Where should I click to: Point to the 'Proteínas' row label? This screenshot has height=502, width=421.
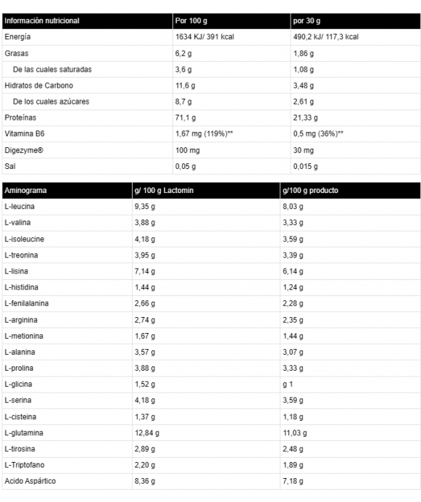(20, 118)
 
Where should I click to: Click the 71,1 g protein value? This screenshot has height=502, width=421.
(185, 118)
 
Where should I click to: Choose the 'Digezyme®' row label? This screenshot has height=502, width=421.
(23, 149)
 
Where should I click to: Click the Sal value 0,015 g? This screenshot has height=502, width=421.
(305, 165)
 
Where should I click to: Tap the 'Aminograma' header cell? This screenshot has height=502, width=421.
(25, 191)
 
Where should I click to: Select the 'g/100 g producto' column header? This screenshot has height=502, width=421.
(311, 191)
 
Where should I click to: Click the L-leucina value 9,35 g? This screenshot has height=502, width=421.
(144, 207)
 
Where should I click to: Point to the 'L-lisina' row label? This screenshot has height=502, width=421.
(17, 271)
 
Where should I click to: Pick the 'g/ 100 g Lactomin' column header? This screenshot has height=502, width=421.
(165, 191)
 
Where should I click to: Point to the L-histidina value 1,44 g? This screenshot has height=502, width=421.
(144, 287)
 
